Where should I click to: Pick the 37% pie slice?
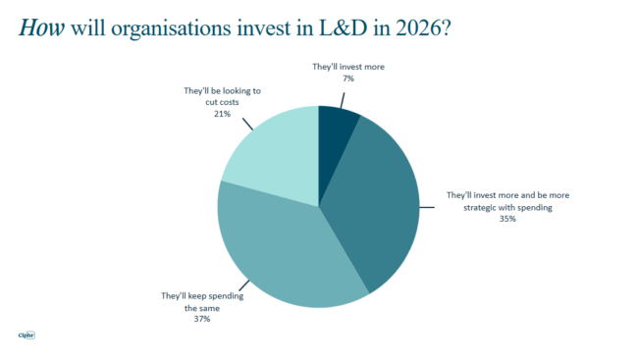click(x=285, y=250)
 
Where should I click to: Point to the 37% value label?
click(x=201, y=319)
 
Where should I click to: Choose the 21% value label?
click(x=222, y=114)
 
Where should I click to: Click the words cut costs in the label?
click(x=212, y=102)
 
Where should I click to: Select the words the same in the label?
click(x=202, y=307)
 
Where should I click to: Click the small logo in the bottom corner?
click(x=27, y=336)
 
